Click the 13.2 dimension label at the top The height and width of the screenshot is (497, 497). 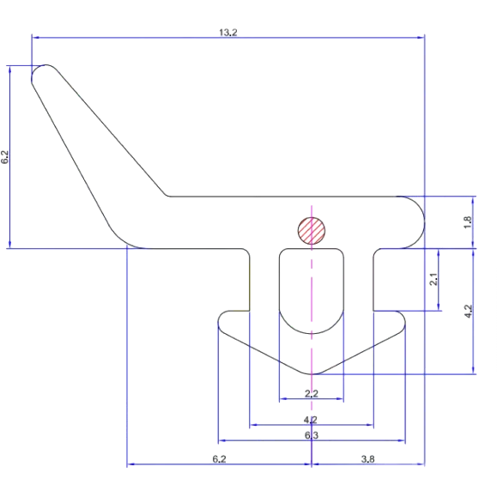coord(228,33)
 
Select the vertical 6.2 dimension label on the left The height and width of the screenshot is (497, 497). coord(5,157)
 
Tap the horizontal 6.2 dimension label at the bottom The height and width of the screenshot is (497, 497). coord(219,458)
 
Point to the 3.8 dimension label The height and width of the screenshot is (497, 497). coord(367,458)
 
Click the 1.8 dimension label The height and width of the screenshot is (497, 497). coord(468,222)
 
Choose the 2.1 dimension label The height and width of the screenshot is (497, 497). coord(433,279)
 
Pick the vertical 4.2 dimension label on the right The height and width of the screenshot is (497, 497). coord(468,312)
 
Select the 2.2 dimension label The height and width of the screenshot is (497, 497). coord(312,393)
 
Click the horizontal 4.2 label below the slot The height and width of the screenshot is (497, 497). coord(311,420)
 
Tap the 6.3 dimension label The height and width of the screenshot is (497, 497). coord(312,435)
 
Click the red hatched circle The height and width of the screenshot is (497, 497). coord(312,231)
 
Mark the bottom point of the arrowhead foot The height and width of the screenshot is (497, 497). coord(312,374)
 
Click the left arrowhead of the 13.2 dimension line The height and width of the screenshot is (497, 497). coord(35,38)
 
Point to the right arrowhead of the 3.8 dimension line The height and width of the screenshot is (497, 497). coord(421,464)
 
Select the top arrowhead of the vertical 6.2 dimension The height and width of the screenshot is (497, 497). coord(9,70)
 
